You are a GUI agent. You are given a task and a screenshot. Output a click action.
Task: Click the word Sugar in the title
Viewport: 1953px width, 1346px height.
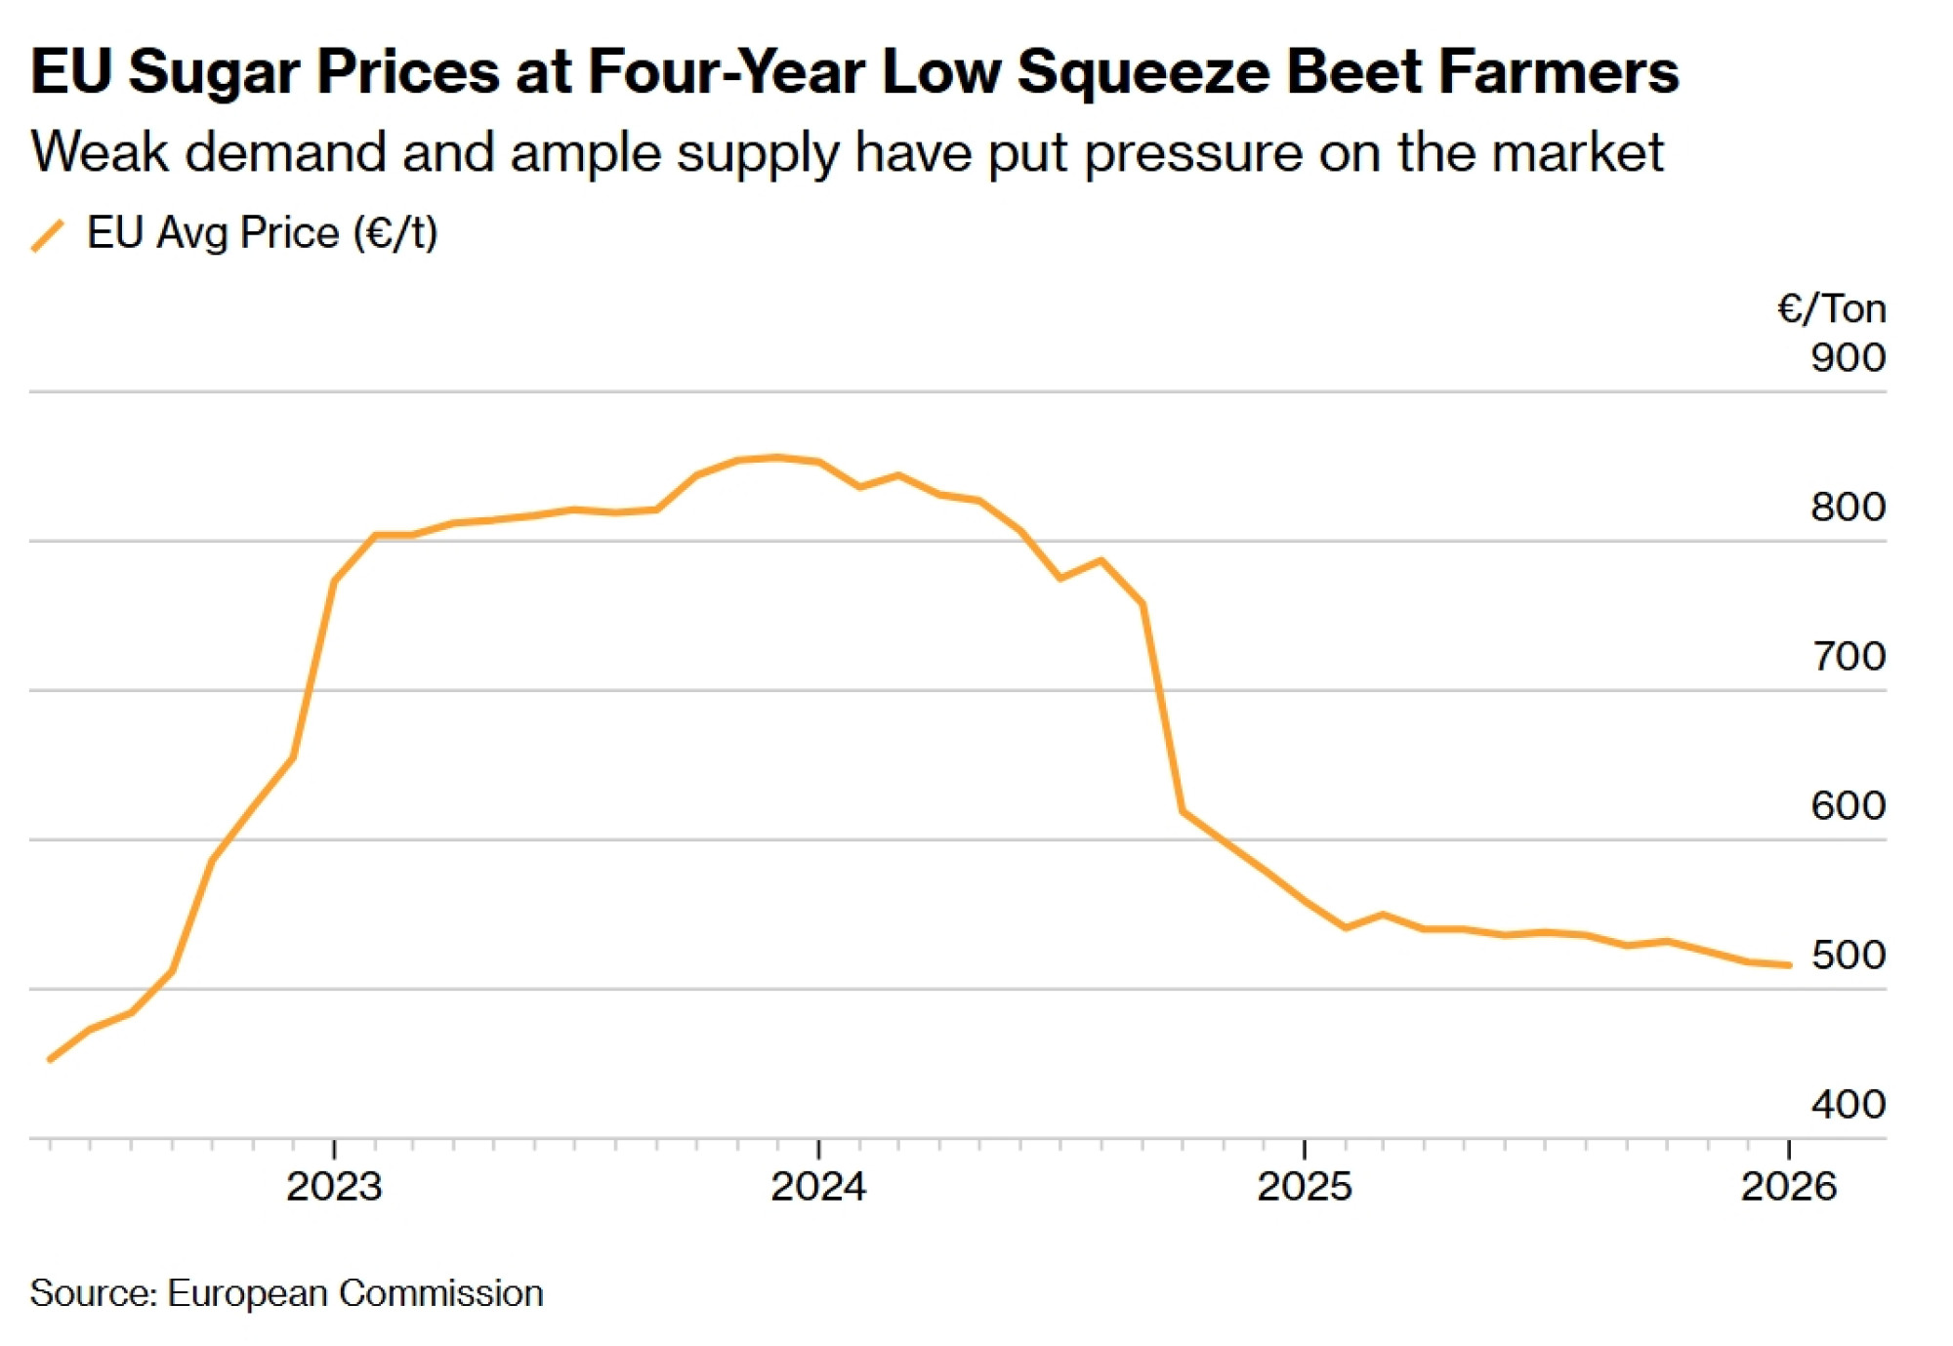coord(215,72)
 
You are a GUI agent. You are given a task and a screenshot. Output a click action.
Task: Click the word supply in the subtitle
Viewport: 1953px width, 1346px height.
coord(758,153)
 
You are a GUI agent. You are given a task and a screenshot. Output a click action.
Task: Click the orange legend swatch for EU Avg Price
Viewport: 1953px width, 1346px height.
coord(48,235)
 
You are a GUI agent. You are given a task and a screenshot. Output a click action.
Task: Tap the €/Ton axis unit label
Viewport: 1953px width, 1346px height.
coord(1830,309)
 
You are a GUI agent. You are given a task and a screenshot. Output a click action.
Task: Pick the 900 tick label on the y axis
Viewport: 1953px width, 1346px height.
coord(1848,358)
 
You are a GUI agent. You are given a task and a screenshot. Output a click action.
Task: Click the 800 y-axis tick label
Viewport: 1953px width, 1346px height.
coord(1848,508)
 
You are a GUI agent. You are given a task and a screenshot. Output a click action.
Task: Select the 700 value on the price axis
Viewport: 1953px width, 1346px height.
coord(1848,657)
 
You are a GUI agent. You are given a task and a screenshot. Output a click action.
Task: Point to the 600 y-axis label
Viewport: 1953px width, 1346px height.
coord(1848,806)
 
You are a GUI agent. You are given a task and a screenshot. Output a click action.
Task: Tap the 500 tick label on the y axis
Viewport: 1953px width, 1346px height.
coord(1848,956)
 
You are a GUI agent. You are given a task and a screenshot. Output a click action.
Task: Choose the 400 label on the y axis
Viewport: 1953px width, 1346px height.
coord(1848,1105)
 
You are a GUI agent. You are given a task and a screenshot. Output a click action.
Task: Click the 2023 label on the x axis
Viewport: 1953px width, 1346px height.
coord(334,1187)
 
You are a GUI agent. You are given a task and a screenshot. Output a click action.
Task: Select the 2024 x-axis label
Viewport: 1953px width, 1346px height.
coord(818,1187)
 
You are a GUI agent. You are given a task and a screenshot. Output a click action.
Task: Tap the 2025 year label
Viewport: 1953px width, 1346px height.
coord(1305,1187)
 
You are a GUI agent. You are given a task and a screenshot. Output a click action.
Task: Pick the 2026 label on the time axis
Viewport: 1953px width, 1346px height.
coord(1789,1187)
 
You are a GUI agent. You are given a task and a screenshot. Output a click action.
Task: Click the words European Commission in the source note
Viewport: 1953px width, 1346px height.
coord(355,1293)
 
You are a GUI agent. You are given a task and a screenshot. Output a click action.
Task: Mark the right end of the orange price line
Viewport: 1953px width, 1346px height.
coord(1789,965)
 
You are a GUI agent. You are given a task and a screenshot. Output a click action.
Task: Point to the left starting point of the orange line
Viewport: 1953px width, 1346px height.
coord(50,1059)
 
